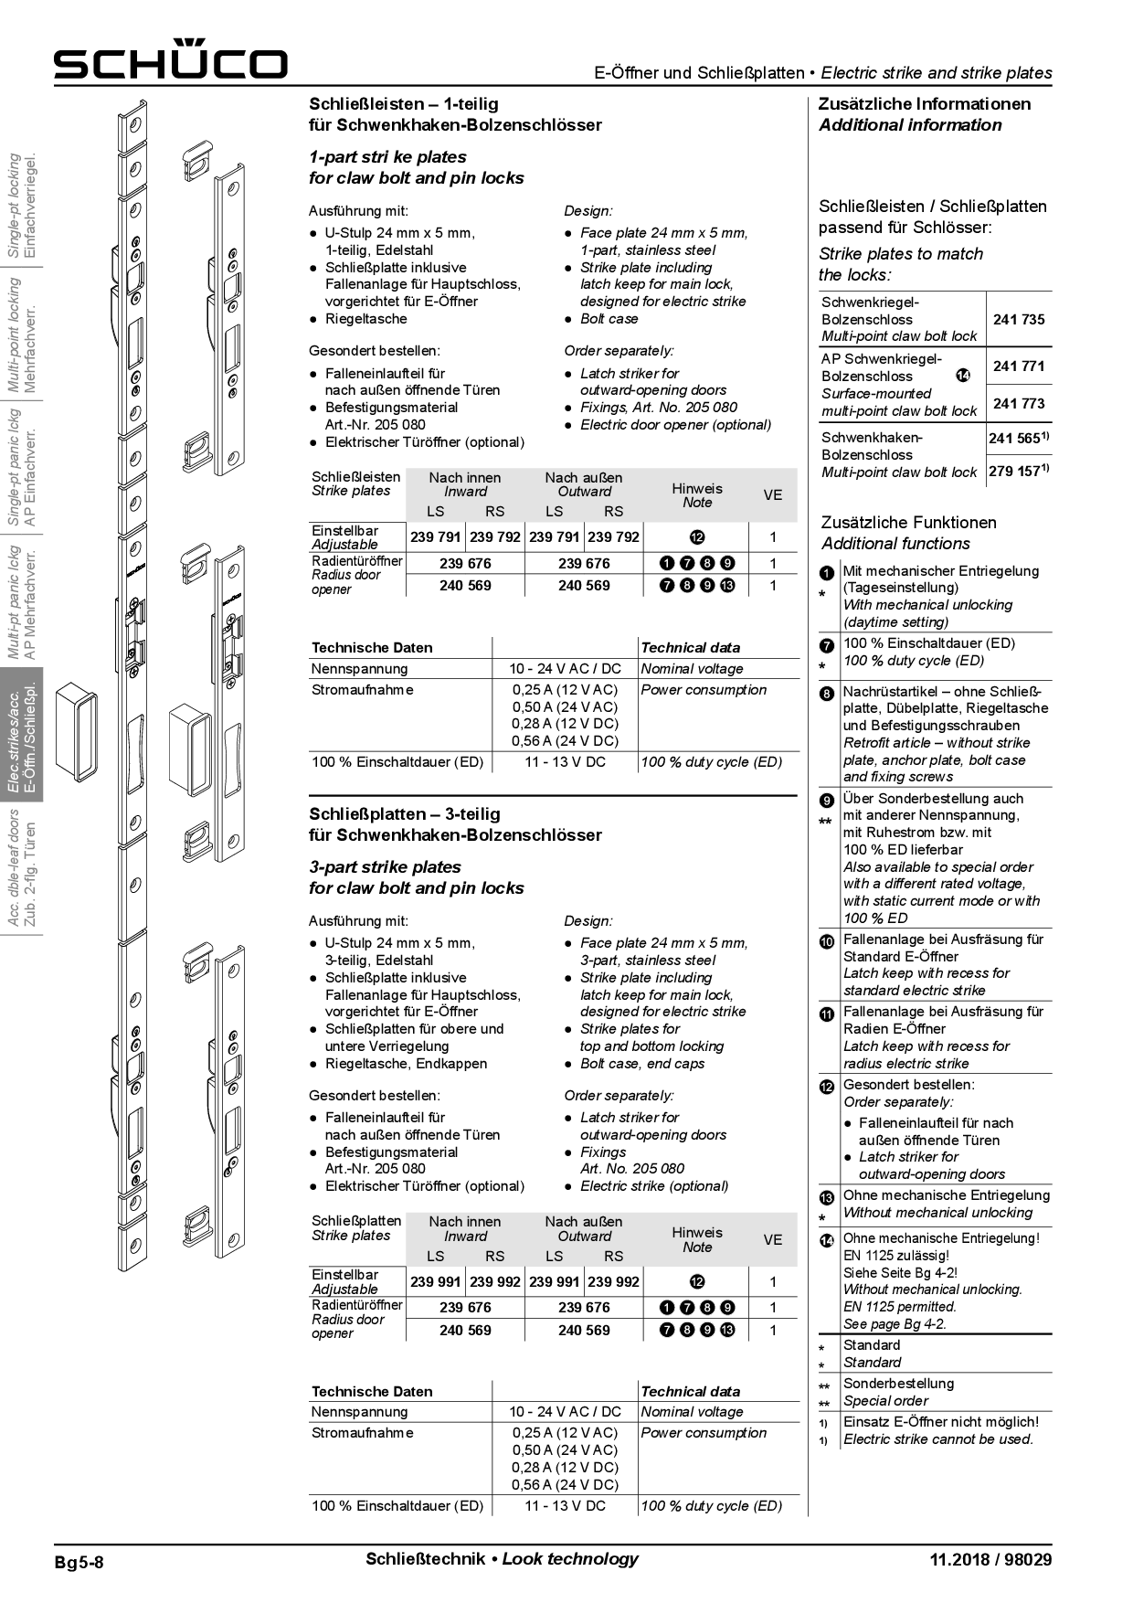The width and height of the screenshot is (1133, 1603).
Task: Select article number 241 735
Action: click(1019, 320)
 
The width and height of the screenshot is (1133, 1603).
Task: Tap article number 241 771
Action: click(1019, 366)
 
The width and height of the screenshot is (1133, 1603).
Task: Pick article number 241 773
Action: click(1019, 404)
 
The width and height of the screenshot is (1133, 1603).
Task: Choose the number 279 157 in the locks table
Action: click(1015, 472)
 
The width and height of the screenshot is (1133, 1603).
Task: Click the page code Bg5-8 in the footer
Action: click(79, 1562)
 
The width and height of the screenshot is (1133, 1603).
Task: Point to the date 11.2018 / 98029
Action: click(990, 1560)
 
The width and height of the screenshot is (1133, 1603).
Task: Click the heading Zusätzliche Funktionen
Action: click(908, 523)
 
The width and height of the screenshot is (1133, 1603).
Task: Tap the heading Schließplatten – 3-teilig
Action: click(404, 814)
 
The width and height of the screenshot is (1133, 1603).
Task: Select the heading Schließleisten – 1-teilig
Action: click(403, 104)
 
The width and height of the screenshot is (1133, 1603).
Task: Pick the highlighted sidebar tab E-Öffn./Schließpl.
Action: click(24, 737)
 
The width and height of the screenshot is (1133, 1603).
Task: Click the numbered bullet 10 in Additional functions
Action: click(827, 941)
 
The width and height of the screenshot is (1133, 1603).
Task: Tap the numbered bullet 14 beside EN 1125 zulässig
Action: click(827, 1240)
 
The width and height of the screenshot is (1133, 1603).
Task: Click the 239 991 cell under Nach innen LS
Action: click(435, 1282)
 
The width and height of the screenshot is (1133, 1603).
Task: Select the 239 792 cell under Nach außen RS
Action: click(613, 537)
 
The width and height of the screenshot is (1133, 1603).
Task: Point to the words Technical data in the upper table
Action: click(690, 648)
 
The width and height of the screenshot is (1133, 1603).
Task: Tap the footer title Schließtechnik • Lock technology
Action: click(502, 1559)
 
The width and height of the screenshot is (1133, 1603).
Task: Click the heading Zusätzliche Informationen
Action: click(924, 104)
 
